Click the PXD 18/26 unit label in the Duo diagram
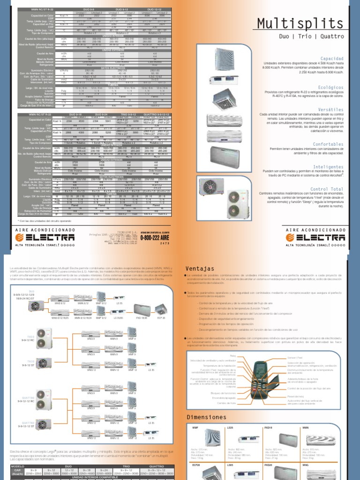point(141,317)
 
